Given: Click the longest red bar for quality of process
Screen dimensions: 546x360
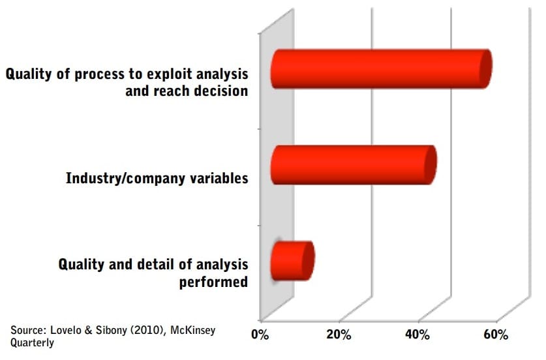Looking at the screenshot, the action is pyautogui.click(x=382, y=69).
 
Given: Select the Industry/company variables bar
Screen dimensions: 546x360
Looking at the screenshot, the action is pyautogui.click(x=354, y=165).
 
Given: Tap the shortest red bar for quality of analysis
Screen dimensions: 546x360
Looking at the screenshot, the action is pyautogui.click(x=292, y=260).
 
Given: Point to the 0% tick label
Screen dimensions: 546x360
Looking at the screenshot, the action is pyautogui.click(x=260, y=335).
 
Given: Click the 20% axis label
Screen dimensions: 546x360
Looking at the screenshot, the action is pyautogui.click(x=339, y=335).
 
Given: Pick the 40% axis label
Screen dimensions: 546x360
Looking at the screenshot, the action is pyautogui.click(x=417, y=335).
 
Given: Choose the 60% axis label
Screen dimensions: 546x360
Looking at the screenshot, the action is pyautogui.click(x=496, y=335).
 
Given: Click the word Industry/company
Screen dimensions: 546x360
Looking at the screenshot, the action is pyautogui.click(x=126, y=178).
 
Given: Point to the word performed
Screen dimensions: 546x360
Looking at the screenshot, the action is pyautogui.click(x=213, y=282).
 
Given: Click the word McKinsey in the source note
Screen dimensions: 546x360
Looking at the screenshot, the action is pyautogui.click(x=192, y=330).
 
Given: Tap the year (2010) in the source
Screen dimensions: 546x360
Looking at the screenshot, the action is pyautogui.click(x=147, y=330).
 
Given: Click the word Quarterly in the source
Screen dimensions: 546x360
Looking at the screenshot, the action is pyautogui.click(x=32, y=342).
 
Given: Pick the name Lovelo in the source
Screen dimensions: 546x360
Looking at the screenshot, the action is pyautogui.click(x=66, y=330).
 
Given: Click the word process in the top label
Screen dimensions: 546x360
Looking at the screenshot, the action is pyautogui.click(x=100, y=74).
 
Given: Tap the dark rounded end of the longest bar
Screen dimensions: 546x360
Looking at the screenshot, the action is pyautogui.click(x=485, y=69).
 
